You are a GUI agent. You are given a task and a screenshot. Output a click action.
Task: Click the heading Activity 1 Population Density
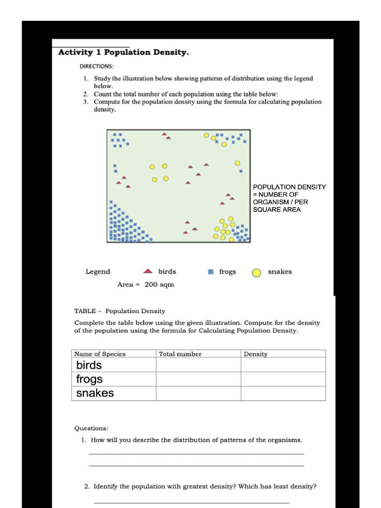(124, 52)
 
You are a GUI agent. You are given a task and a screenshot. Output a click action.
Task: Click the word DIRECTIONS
(97, 66)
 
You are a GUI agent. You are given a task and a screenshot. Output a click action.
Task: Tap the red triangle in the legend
(148, 271)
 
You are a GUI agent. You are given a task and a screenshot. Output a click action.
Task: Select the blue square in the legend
(210, 272)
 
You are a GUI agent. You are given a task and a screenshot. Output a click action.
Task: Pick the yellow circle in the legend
(256, 272)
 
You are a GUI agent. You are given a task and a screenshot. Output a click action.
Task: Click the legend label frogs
(228, 271)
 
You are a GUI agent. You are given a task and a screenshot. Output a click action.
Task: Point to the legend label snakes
(280, 271)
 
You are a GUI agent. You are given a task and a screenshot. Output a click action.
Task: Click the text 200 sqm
(159, 284)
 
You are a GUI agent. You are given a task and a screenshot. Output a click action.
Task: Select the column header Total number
(180, 354)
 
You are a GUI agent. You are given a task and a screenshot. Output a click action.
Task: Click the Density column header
(256, 354)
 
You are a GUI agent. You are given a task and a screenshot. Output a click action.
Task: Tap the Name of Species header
(100, 354)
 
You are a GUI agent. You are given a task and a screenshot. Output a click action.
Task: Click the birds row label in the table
(89, 365)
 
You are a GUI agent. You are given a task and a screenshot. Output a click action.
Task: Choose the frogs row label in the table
(89, 379)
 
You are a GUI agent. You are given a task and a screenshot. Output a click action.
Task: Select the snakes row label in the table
(95, 393)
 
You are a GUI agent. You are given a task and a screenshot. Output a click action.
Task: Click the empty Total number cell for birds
(198, 365)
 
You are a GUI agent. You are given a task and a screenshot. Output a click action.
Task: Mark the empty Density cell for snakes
(283, 393)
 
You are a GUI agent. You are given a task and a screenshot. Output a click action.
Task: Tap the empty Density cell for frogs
(283, 379)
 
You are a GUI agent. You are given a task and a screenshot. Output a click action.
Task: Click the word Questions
(91, 428)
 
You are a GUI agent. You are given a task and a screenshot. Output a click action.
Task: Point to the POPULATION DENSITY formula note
(289, 198)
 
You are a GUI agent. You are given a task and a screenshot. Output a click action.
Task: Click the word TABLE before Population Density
(85, 311)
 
